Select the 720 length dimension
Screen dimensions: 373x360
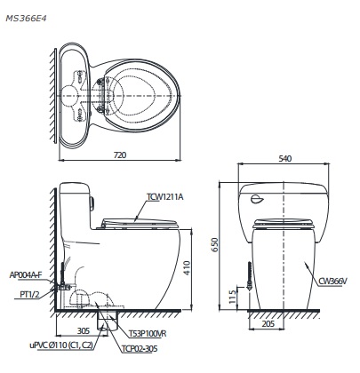click(120, 155)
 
